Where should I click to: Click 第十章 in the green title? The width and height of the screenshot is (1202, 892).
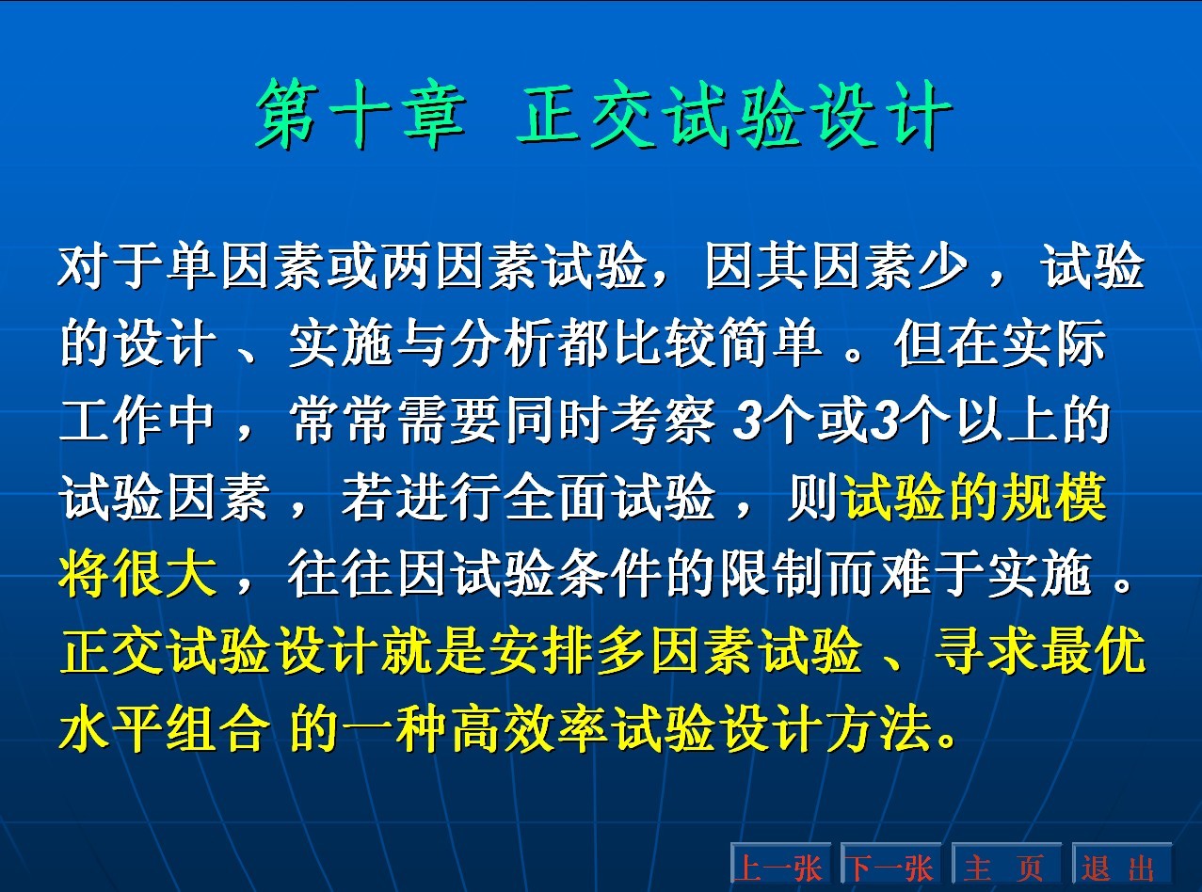pyautogui.click(x=361, y=115)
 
